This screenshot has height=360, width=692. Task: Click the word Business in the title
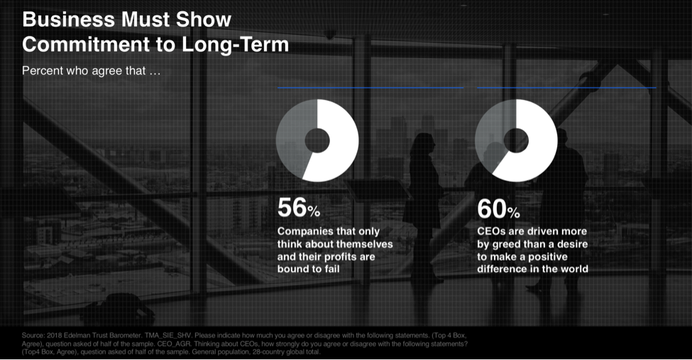(x=68, y=19)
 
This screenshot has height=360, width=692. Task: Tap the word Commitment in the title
(x=86, y=44)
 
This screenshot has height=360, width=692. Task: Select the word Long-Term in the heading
(x=235, y=45)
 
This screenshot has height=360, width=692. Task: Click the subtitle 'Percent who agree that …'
(x=92, y=71)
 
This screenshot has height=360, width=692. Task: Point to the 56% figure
(x=299, y=207)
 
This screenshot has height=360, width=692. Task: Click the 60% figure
(x=498, y=209)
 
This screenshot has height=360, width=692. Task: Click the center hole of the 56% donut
(x=317, y=141)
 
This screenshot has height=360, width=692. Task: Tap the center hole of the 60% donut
(x=517, y=141)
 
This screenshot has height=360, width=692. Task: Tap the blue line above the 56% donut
(x=370, y=88)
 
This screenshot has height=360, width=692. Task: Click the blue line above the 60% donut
(x=566, y=88)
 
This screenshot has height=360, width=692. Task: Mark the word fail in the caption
(x=333, y=268)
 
